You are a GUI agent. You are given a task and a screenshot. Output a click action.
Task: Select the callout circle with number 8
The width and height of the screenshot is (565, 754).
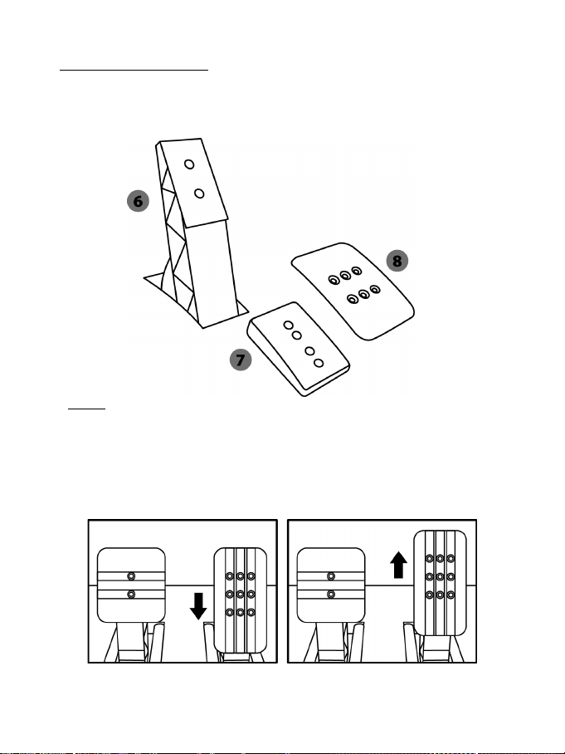(398, 260)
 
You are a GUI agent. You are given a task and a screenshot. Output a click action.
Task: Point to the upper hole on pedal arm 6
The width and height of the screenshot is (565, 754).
(189, 164)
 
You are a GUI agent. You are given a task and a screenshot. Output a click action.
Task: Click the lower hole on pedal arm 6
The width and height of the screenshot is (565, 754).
(199, 193)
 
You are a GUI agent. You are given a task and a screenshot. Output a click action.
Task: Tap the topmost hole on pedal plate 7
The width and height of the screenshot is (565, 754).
(288, 326)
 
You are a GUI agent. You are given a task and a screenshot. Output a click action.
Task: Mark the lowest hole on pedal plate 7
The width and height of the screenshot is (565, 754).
(318, 364)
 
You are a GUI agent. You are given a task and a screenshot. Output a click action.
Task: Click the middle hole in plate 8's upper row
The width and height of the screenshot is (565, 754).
(344, 274)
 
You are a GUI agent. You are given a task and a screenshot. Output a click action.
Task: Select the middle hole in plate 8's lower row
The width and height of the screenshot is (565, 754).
(363, 293)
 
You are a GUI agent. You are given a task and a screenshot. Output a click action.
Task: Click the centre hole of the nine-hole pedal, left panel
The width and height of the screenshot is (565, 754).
(240, 594)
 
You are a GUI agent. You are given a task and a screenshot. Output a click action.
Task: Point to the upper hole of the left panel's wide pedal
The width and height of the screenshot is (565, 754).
(131, 575)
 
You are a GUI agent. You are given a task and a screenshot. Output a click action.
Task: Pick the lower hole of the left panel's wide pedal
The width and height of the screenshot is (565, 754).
(131, 594)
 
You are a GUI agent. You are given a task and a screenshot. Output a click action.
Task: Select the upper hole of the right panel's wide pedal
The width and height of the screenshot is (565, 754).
(331, 575)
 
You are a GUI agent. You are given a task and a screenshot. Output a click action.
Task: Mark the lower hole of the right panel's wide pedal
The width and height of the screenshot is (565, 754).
(331, 594)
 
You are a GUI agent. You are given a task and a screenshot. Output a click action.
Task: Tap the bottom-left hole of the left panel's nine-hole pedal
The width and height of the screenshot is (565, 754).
(229, 612)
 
